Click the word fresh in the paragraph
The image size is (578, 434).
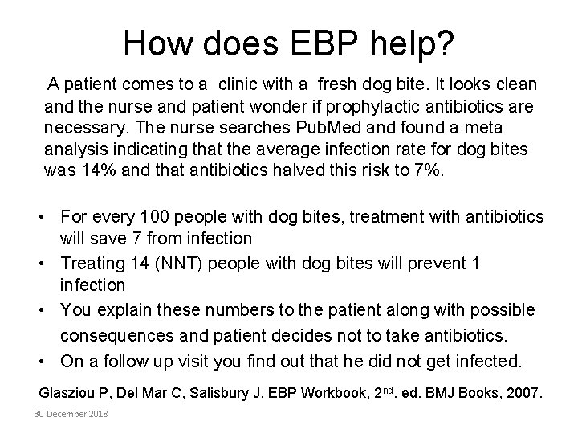337,84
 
